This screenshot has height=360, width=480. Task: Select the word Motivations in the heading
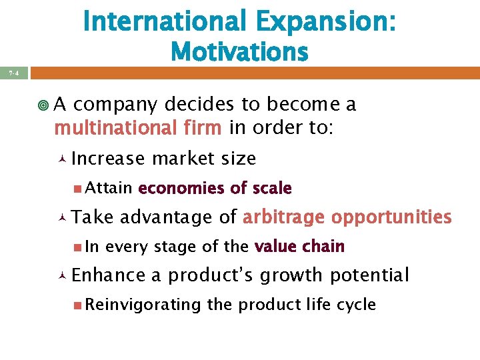[239, 51]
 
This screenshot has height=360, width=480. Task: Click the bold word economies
[180, 189]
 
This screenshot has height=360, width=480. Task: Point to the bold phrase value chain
[299, 247]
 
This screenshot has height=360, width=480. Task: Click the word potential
[369, 275]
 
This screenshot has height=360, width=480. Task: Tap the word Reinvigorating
[143, 305]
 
